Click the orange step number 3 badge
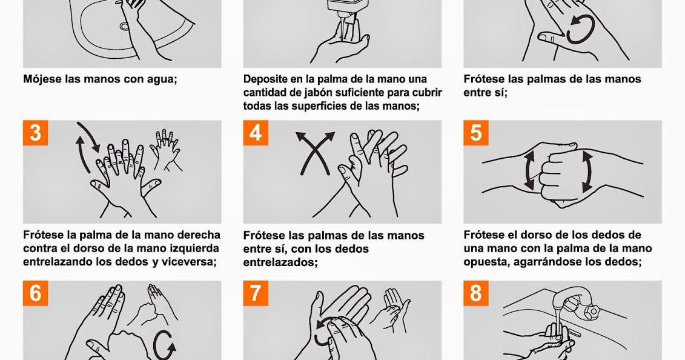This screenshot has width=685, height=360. click(35, 133)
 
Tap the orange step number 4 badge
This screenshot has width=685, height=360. click(256, 133)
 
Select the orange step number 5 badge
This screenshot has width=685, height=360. click(476, 133)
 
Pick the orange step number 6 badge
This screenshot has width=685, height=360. click(35, 293)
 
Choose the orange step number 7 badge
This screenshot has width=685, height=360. click(256, 293)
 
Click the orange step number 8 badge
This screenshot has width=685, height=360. click(476, 293)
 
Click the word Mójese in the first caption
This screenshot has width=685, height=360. click(42, 79)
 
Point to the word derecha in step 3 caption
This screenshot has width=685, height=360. click(197, 235)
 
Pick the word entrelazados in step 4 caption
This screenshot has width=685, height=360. click(279, 262)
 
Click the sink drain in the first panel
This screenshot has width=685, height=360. click(125, 27)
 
